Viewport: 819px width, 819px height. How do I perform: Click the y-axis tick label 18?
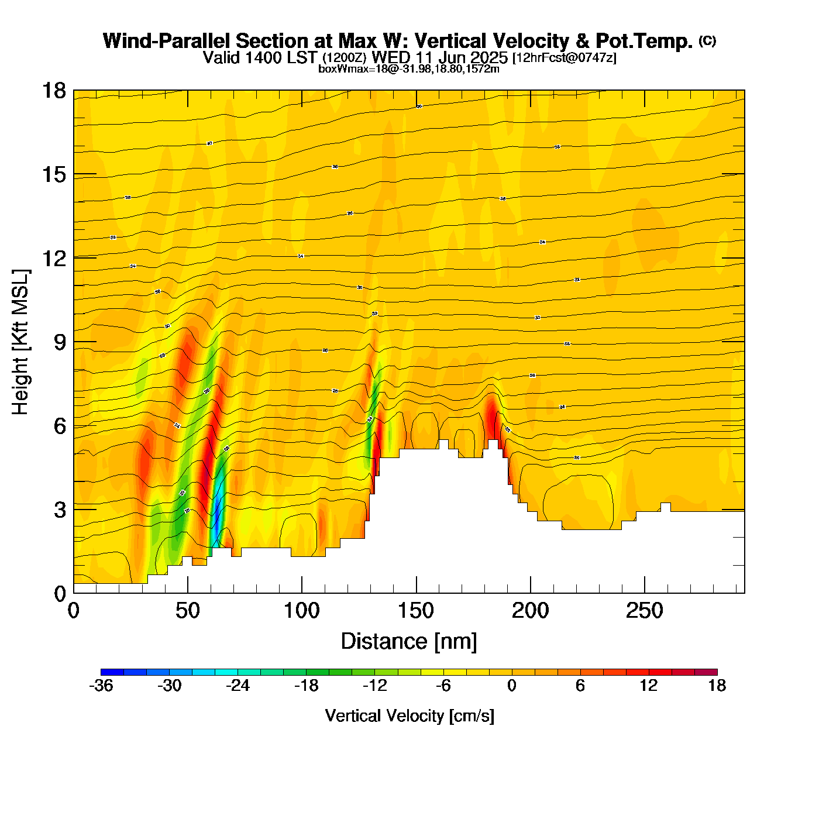(53, 91)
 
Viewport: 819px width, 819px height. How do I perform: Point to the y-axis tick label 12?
(53, 258)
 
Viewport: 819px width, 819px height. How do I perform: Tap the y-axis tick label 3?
(60, 510)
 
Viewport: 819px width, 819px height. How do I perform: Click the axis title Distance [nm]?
(409, 642)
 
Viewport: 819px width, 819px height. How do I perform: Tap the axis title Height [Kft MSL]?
(20, 342)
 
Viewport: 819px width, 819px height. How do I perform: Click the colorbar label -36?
(101, 686)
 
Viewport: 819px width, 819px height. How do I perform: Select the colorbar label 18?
(717, 686)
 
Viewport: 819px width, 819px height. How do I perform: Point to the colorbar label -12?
(374, 686)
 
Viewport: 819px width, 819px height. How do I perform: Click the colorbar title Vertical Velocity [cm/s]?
(409, 716)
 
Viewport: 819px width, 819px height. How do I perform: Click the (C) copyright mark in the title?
(707, 40)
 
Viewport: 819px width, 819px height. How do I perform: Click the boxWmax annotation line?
(409, 69)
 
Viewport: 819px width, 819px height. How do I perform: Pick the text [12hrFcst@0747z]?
(564, 58)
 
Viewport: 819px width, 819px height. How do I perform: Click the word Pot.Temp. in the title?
(644, 41)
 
